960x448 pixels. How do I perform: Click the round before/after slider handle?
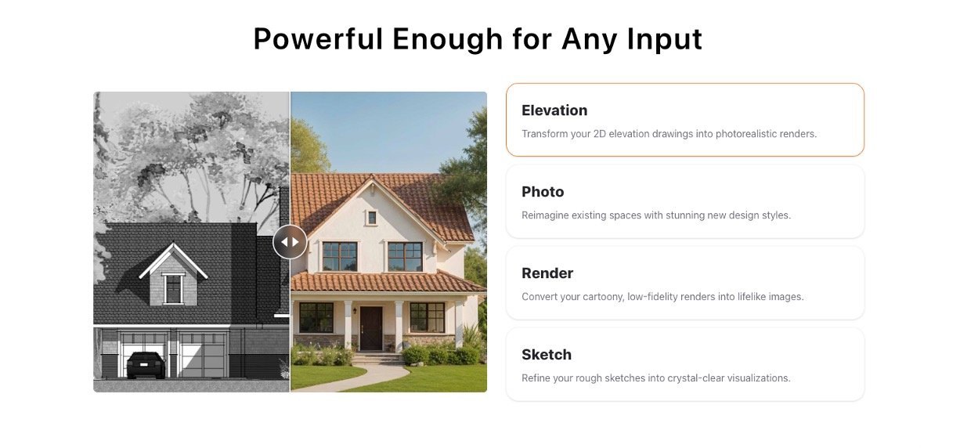[x=291, y=242]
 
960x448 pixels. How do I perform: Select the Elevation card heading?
[x=554, y=110]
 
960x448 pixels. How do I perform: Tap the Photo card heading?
[x=543, y=192]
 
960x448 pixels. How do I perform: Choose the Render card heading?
[x=547, y=273]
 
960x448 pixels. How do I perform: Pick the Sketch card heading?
[x=547, y=355]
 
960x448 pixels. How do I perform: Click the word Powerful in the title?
[x=318, y=39]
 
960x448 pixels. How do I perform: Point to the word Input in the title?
[x=664, y=40]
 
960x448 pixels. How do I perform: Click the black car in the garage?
[x=146, y=365]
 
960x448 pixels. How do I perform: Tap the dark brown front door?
[x=371, y=328]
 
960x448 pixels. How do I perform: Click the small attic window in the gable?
[x=372, y=218]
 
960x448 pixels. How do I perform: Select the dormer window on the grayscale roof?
[x=173, y=288]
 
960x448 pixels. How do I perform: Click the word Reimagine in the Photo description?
[x=543, y=215]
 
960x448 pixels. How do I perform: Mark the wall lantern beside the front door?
[x=355, y=310]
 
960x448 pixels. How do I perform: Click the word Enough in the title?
[x=447, y=40]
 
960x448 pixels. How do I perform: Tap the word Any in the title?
[x=590, y=40]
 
